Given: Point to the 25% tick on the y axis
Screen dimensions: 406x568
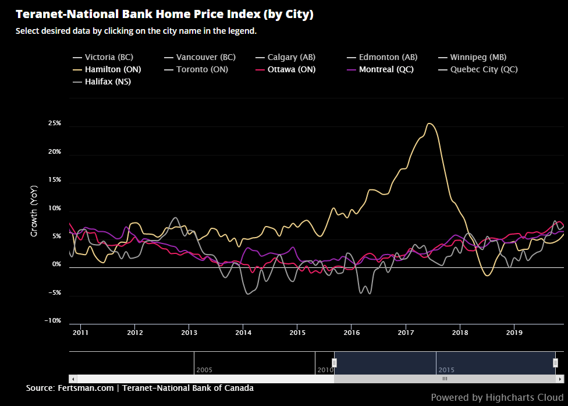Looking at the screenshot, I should tap(55, 123).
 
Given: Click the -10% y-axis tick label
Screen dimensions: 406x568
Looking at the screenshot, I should tap(53, 320).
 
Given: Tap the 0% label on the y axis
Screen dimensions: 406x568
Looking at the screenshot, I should tap(56, 264).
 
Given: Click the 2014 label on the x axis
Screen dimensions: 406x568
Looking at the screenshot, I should tap(243, 333).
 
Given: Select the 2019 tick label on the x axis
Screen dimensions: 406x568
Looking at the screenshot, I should tap(513, 333).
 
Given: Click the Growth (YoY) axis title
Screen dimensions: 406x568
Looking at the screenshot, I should tap(34, 211).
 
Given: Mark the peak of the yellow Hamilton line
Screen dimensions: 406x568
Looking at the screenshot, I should tap(429, 123).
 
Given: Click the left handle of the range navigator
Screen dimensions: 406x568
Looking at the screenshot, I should tap(334, 363).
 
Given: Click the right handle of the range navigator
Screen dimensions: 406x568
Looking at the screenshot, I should tap(555, 363).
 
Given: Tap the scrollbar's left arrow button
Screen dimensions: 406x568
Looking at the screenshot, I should tap(73, 379).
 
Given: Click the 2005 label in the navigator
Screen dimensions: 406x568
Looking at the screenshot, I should tap(204, 370).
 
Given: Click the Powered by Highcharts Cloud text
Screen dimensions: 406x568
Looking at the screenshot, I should tap(497, 397).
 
